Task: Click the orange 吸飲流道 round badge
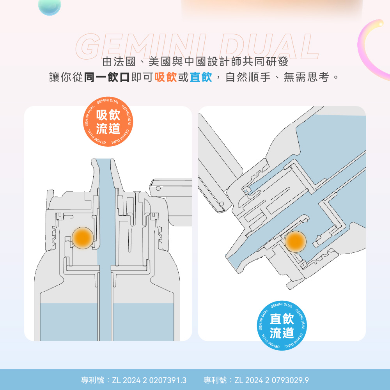click(x=108, y=121)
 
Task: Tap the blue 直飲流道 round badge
click(x=282, y=325)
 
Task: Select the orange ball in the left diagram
click(x=83, y=238)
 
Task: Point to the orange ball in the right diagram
click(x=296, y=241)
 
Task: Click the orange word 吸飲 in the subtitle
click(x=166, y=77)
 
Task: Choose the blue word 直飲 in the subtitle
click(x=201, y=77)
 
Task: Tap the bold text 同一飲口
click(x=107, y=77)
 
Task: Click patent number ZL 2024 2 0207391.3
click(x=149, y=380)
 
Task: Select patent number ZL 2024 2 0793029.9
click(x=271, y=380)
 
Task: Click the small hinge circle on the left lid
click(x=158, y=188)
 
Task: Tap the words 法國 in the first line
click(x=124, y=62)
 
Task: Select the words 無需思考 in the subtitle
click(x=306, y=77)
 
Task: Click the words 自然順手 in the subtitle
click(x=248, y=77)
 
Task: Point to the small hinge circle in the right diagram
click(x=222, y=204)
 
